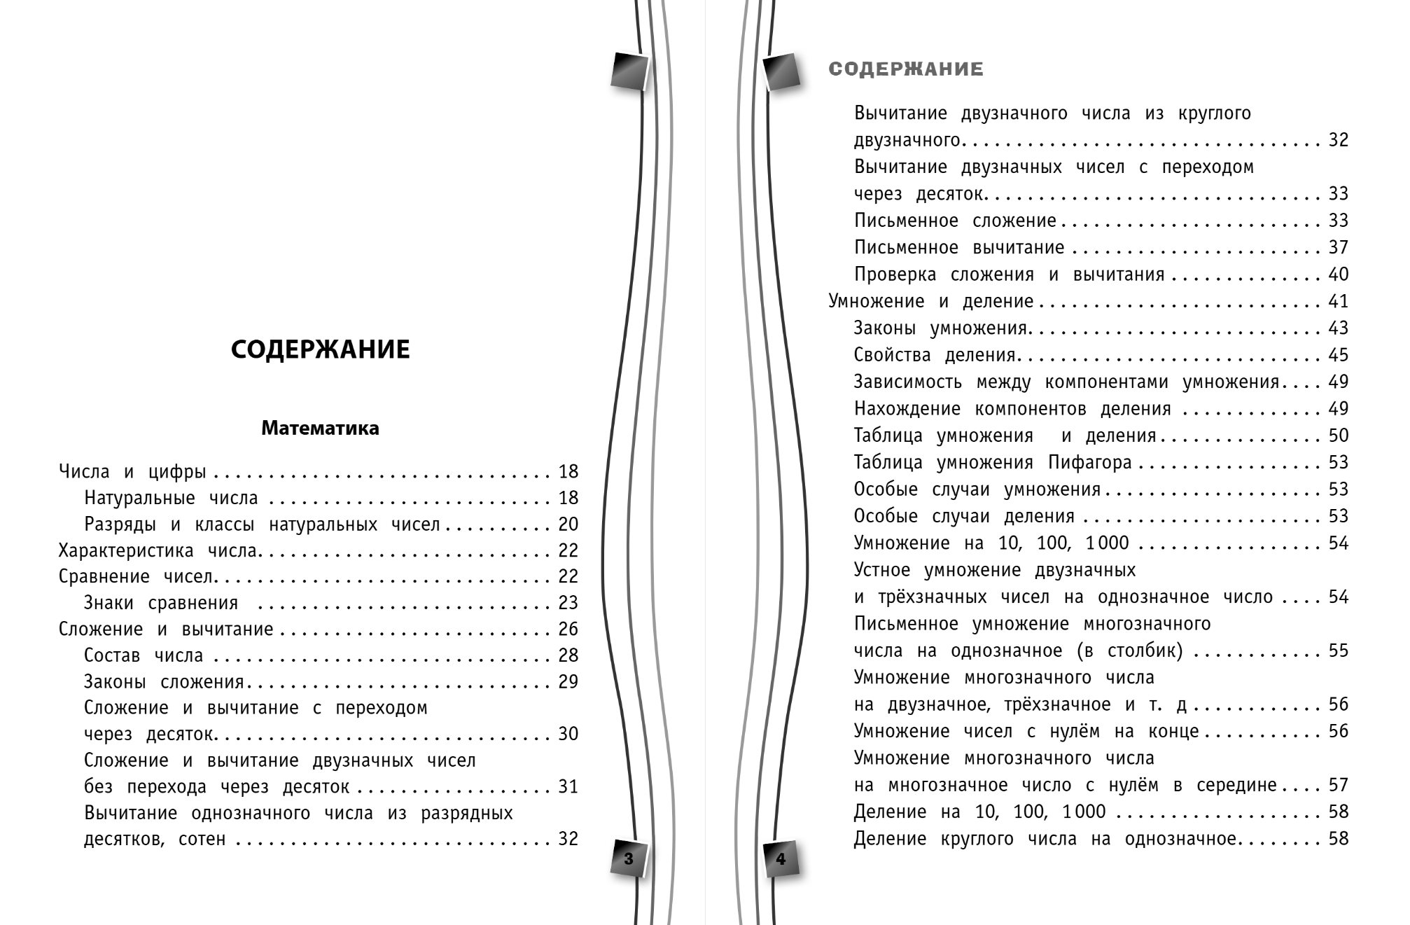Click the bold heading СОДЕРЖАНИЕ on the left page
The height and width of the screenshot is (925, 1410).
[x=320, y=349]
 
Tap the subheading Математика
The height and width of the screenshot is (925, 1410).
[x=320, y=428]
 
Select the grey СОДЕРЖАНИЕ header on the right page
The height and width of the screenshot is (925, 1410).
[x=906, y=69]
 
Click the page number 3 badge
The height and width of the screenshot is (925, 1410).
[x=628, y=858]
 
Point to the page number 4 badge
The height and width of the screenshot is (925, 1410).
[x=781, y=858]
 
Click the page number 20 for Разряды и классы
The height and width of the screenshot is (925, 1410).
[x=568, y=524]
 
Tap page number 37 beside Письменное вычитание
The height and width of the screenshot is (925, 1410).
[x=1338, y=248]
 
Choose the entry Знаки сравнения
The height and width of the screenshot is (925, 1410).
[x=161, y=603]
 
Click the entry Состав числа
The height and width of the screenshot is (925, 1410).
[x=144, y=655]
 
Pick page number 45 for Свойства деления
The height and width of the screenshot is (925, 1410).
[x=1338, y=355]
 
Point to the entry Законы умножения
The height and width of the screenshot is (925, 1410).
[x=940, y=328]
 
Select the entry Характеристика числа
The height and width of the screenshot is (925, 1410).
[x=158, y=550]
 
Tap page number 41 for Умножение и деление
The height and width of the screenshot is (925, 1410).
[x=1338, y=302]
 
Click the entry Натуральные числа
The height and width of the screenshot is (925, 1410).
[x=171, y=498]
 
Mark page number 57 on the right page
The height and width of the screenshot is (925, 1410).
[x=1338, y=786]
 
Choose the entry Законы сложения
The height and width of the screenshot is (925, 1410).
[x=164, y=682]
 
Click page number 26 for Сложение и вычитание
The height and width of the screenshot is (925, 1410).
[x=568, y=630]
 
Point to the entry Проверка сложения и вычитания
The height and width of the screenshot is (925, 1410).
[x=1009, y=274]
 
